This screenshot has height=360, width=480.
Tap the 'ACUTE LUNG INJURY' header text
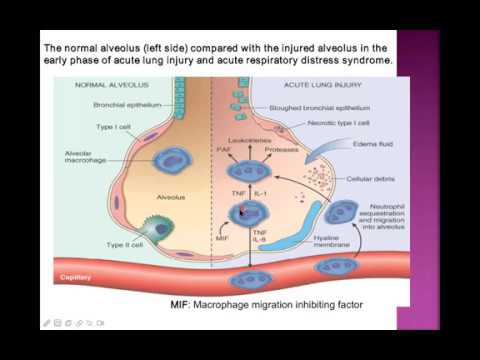308,85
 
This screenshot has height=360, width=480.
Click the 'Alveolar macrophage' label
81,159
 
